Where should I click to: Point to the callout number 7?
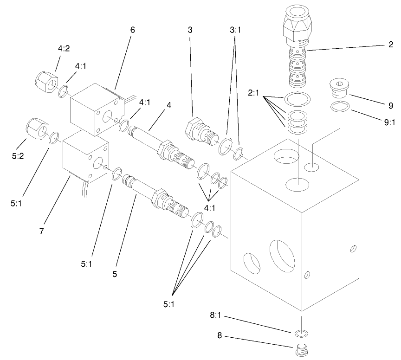[x=41, y=231]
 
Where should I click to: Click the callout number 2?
[x=391, y=45]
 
